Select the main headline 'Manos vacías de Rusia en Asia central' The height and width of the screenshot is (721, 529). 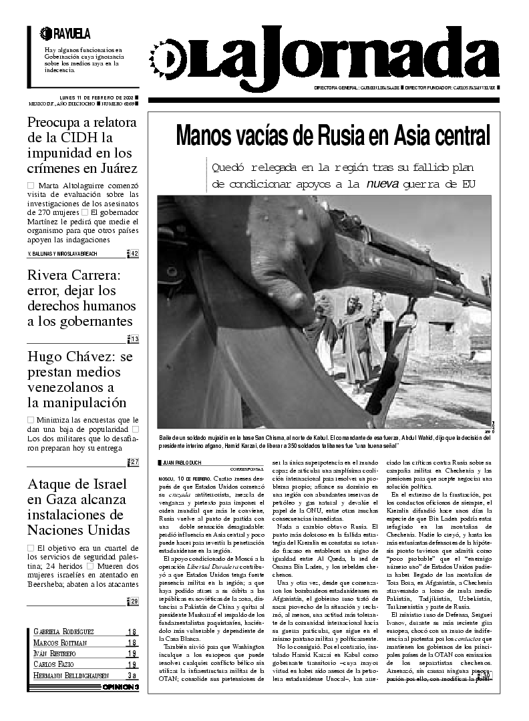[x=333, y=136]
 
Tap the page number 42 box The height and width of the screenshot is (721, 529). [x=134, y=254]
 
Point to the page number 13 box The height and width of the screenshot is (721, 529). [x=134, y=339]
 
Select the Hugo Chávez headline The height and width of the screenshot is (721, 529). [x=80, y=380]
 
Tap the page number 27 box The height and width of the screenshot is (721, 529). [x=134, y=462]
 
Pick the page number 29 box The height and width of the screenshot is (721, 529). [x=134, y=602]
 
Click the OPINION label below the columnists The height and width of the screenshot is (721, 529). [x=121, y=686]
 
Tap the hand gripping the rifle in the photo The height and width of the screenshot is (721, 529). [x=274, y=260]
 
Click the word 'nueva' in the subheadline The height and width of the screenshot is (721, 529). [x=383, y=183]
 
